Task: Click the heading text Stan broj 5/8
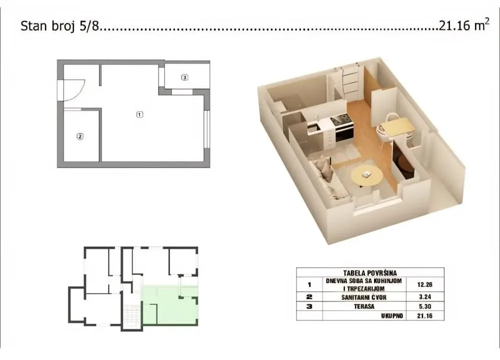click(60, 26)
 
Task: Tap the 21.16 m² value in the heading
click(463, 26)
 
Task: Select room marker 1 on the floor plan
click(139, 114)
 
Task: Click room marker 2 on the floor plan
click(79, 135)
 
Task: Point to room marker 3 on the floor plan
click(185, 77)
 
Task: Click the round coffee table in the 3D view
click(366, 175)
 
